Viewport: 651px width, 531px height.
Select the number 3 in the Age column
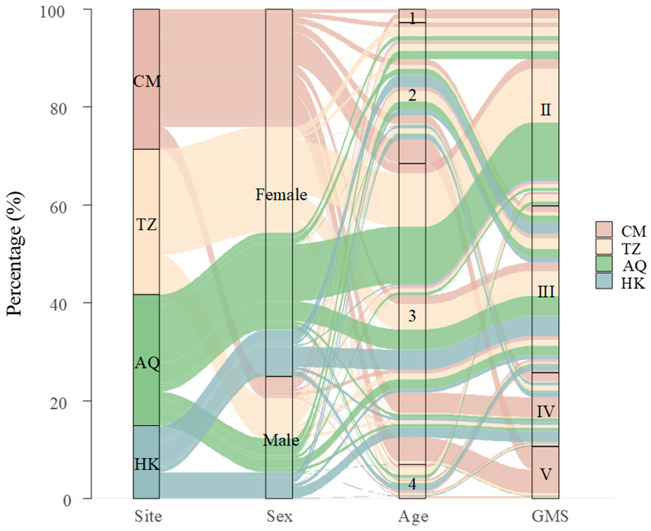[x=412, y=316]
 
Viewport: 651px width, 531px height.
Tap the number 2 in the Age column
[x=412, y=96]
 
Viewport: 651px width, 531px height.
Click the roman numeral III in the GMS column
[x=546, y=292]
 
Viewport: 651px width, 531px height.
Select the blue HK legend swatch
[x=604, y=281]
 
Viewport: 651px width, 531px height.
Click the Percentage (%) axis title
[x=15, y=254]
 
